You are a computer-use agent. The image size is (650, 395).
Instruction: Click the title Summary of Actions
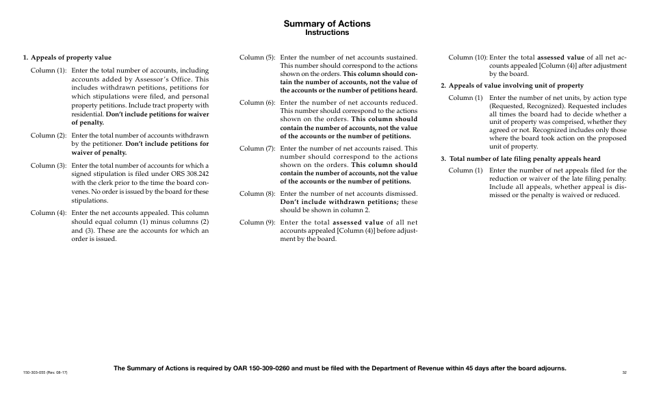pos(327,23)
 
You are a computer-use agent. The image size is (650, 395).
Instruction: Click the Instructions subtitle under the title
pos(327,32)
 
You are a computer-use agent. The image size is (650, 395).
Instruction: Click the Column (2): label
pos(48,136)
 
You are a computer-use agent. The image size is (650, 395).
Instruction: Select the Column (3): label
pos(48,166)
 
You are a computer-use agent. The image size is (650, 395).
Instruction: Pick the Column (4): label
pos(48,213)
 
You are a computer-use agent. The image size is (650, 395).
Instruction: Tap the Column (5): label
pos(257,58)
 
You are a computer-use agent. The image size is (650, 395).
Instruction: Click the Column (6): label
pos(257,103)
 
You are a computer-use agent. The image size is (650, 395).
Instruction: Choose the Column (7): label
pos(257,148)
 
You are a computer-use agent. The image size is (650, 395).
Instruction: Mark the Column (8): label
pos(257,194)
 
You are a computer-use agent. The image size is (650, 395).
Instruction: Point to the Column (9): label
pos(257,223)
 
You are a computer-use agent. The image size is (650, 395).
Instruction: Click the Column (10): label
pos(467,58)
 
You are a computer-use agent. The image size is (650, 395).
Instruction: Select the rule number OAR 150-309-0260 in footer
pos(257,368)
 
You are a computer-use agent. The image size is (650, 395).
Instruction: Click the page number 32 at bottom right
pos(624,372)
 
